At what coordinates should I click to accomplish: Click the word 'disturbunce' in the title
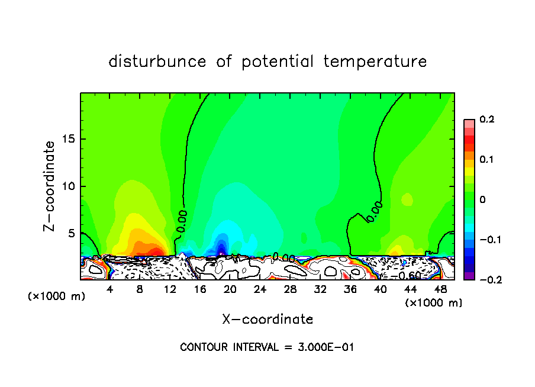pyautogui.click(x=157, y=62)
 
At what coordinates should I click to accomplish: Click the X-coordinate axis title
pyautogui.click(x=267, y=320)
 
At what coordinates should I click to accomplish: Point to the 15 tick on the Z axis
pyautogui.click(x=69, y=139)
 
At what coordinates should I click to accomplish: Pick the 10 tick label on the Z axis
pyautogui.click(x=69, y=186)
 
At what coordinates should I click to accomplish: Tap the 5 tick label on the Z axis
pyautogui.click(x=71, y=234)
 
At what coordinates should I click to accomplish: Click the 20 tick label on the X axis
pyautogui.click(x=230, y=289)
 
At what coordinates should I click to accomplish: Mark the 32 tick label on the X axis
pyautogui.click(x=320, y=289)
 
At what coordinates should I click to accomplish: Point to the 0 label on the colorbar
pyautogui.click(x=482, y=200)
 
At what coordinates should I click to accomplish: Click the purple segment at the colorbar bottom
pyautogui.click(x=469, y=276)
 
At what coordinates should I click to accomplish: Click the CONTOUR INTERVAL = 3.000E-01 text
pyautogui.click(x=267, y=347)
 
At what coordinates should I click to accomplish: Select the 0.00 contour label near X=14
pyautogui.click(x=181, y=220)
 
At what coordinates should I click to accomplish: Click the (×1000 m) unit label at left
pyautogui.click(x=57, y=296)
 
